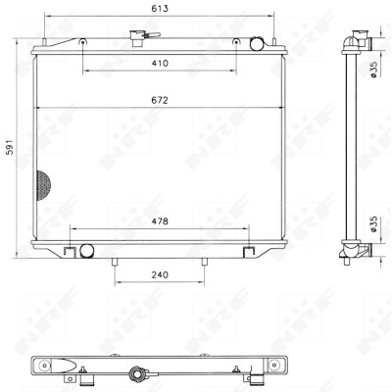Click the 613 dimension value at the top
click(x=160, y=9)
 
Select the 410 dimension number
click(x=160, y=63)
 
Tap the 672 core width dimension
click(x=160, y=100)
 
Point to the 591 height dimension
click(x=10, y=147)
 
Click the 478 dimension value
click(x=160, y=221)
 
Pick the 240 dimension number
click(x=160, y=275)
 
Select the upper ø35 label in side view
click(x=373, y=70)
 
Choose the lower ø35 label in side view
click(x=373, y=224)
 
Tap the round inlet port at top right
click(x=257, y=44)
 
